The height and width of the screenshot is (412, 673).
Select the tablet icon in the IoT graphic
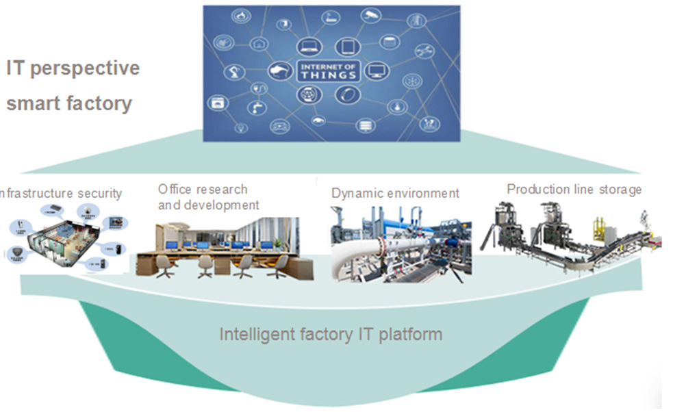point(348,47)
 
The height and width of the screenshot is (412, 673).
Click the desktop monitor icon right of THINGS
point(375,70)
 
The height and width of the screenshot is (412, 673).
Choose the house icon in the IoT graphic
point(258,44)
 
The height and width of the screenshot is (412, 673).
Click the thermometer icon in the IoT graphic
point(396,107)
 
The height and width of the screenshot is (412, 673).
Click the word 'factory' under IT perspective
point(98,104)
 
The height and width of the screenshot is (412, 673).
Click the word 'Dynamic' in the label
point(356,194)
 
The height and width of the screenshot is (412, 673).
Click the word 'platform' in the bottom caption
point(411,335)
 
